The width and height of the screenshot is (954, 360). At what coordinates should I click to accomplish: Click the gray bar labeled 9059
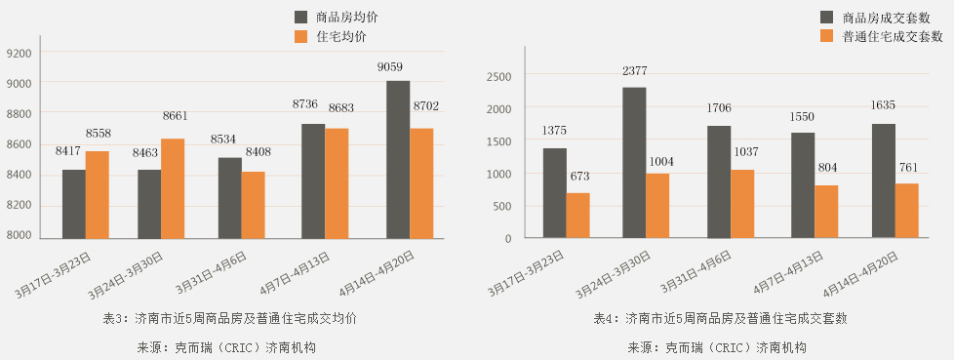point(398,160)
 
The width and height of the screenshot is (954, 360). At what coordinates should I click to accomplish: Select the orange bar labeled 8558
point(97,194)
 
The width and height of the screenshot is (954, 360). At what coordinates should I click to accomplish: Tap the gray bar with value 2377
point(634,163)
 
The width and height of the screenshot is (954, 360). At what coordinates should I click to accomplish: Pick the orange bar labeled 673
point(577,216)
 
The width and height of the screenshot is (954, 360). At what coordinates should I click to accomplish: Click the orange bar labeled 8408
point(253,205)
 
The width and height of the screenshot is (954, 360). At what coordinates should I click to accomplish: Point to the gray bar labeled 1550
point(803,185)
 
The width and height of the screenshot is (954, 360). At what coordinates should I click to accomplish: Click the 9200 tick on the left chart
point(20,54)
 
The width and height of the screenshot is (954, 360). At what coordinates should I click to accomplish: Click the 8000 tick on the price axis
point(20,236)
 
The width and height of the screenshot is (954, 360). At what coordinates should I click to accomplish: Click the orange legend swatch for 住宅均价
point(302,36)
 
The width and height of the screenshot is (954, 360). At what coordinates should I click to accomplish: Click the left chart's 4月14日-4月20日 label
point(378,272)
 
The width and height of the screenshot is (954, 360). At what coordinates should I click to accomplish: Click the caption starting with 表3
point(230,318)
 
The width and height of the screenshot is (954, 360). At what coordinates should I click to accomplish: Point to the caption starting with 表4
point(720,318)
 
